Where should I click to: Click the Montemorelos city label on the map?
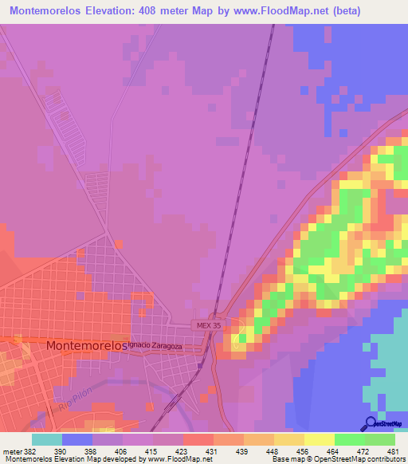click(x=87, y=346)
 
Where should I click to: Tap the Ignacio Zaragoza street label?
click(x=155, y=346)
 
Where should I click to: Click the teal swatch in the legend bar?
click(x=47, y=439)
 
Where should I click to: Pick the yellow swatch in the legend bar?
click(x=319, y=439)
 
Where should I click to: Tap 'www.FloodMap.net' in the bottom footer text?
click(x=172, y=460)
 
